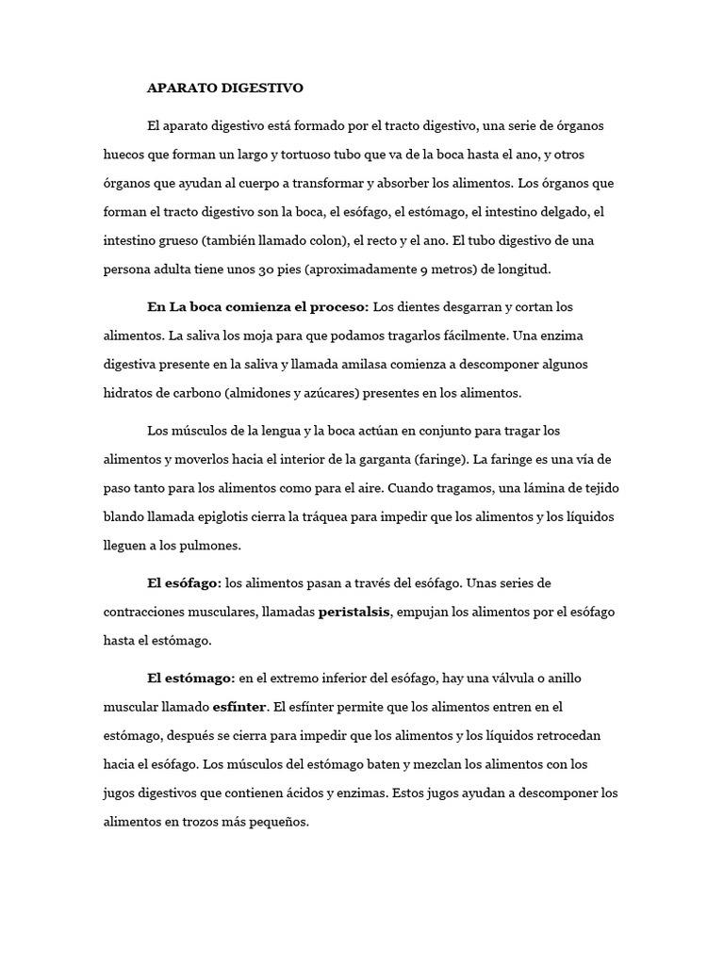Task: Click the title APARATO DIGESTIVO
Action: point(225,89)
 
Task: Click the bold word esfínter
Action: point(240,706)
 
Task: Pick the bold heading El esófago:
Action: point(184,583)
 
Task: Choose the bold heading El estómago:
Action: point(190,678)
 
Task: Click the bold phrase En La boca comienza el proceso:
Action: point(258,307)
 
